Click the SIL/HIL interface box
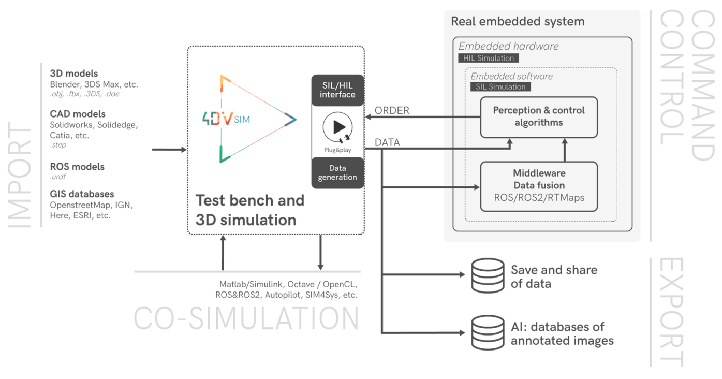pos(337,90)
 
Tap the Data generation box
pos(337,173)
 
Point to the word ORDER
pos(392,110)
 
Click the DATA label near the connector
pos(387,142)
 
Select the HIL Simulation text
pos(489,58)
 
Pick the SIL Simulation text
pos(500,86)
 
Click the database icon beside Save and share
pos(487,275)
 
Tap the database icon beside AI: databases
pos(487,332)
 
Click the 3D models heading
pos(74,74)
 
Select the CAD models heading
pos(78,113)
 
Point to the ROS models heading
pos(77,167)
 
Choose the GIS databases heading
pos(82,194)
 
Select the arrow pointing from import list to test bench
pos(169,150)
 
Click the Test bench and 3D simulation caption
pos(249,210)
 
